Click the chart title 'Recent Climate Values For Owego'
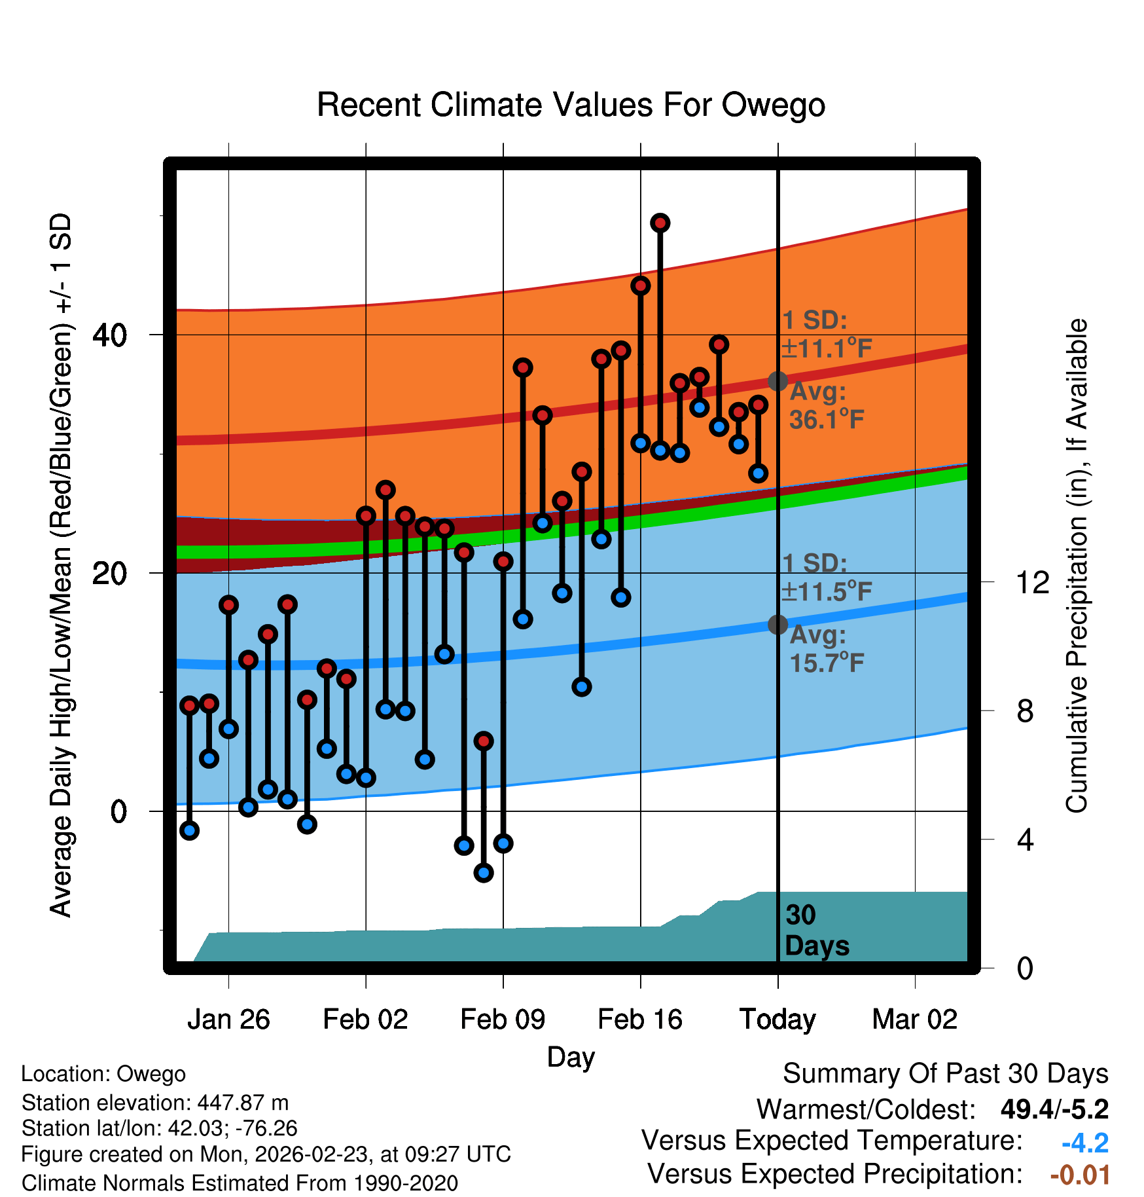click(x=571, y=105)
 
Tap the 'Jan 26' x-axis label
click(x=228, y=1020)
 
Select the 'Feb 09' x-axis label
click(x=503, y=1020)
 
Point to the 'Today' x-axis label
click(x=778, y=1020)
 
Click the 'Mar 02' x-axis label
click(x=914, y=1020)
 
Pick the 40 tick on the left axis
click(x=109, y=335)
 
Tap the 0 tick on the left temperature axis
click(x=118, y=812)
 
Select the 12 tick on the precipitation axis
click(x=1033, y=582)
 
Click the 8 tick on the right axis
click(x=1025, y=711)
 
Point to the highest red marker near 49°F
click(x=660, y=223)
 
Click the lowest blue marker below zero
click(x=483, y=872)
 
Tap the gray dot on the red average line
click(x=778, y=381)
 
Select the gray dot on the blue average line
click(x=778, y=625)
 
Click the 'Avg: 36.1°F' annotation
click(x=826, y=406)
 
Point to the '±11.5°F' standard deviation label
click(x=827, y=591)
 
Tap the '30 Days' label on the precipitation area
click(x=816, y=930)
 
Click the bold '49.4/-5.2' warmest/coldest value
click(x=1054, y=1109)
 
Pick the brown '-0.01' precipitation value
click(x=1080, y=1175)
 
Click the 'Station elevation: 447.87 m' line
click(x=155, y=1103)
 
